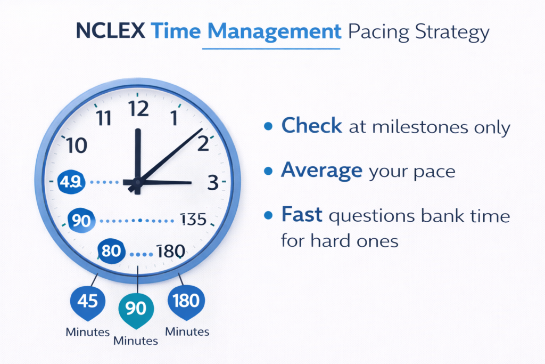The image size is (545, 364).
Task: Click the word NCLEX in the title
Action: (x=110, y=32)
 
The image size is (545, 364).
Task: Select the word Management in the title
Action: (x=274, y=32)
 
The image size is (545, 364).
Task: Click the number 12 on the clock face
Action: (x=138, y=109)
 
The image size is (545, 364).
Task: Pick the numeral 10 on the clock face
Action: (x=77, y=145)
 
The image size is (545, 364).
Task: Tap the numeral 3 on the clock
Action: (x=213, y=183)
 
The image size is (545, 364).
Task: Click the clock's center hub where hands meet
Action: (x=137, y=183)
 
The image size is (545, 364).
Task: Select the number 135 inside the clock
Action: (x=193, y=219)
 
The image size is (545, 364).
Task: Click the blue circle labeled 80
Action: (x=111, y=250)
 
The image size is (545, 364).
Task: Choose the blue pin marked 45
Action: (x=87, y=301)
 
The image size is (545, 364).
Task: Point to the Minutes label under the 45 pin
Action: (x=87, y=332)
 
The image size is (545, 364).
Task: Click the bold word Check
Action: (x=312, y=126)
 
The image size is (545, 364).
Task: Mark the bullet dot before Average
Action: (x=269, y=171)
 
